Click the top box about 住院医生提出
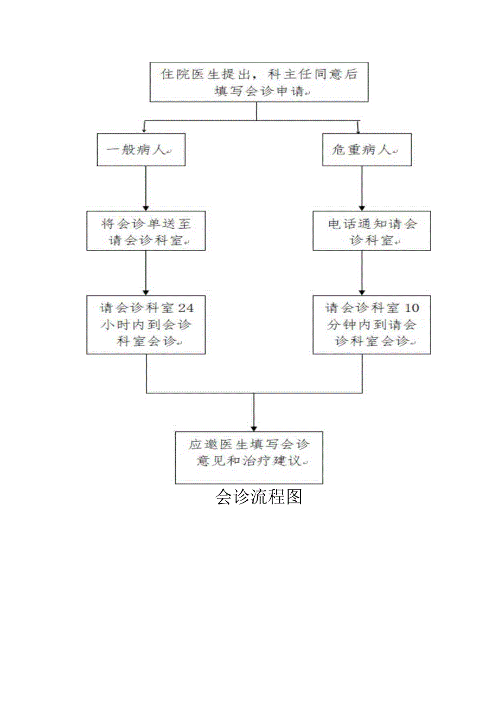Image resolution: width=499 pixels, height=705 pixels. pos(259,82)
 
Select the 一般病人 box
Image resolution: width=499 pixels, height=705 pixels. pos(141,150)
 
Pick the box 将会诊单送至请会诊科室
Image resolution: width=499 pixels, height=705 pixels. pos(146,231)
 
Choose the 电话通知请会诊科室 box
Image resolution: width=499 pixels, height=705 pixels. pos(372,231)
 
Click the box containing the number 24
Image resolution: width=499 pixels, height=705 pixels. pos(146,325)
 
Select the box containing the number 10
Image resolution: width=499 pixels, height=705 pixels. pos(372,325)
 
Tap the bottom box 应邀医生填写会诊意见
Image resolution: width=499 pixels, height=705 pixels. pos(249,457)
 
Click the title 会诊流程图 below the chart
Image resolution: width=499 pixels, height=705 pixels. pos(259,496)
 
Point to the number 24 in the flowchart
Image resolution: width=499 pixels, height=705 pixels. pos(185,308)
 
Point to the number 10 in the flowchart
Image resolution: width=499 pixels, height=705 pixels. pos(412,308)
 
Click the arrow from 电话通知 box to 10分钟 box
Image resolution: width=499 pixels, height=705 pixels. pos(362,273)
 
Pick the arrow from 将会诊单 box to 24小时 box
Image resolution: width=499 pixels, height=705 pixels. pos(145,273)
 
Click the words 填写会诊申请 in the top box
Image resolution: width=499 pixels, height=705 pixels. pos(259,92)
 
